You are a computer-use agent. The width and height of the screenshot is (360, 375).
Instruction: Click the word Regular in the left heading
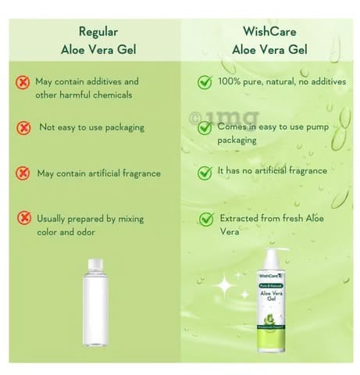point(98,32)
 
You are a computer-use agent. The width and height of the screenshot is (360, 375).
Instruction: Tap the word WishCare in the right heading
point(269,32)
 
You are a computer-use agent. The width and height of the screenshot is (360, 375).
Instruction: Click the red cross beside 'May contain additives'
point(23,83)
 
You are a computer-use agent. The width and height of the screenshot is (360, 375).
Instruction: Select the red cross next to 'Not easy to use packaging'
point(23,128)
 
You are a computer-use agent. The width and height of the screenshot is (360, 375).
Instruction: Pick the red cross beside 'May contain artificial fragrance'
point(23,173)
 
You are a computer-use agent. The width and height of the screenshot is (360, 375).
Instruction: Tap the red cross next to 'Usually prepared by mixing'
point(24,218)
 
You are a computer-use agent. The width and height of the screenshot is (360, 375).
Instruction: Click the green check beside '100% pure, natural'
point(205,82)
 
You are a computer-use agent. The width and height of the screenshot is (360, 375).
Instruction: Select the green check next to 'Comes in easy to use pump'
point(205,127)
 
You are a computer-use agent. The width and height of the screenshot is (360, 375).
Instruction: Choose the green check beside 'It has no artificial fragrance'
point(205,173)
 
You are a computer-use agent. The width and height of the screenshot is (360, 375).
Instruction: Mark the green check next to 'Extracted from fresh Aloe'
point(206,219)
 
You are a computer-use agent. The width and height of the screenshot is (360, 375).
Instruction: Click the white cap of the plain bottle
point(95,264)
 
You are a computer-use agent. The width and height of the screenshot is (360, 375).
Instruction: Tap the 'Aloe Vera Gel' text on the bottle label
point(272,296)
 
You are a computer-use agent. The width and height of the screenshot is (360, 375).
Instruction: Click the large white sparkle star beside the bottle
point(224,285)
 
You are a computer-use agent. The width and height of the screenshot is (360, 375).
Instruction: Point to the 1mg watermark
point(224,117)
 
